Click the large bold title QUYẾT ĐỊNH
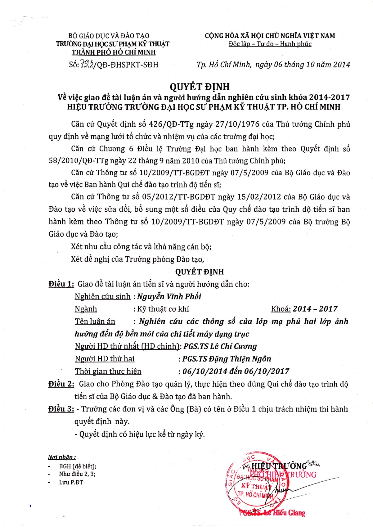(x=200, y=86)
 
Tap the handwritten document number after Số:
(x=86, y=65)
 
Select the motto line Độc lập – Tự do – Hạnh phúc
(x=270, y=44)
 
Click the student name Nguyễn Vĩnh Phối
(x=169, y=296)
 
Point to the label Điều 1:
(x=61, y=284)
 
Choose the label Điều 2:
(x=61, y=384)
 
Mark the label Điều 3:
(x=61, y=409)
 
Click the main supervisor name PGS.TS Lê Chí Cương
(x=220, y=346)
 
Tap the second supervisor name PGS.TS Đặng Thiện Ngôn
(x=227, y=359)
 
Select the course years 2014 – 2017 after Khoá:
(x=315, y=309)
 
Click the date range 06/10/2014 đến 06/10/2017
(x=236, y=372)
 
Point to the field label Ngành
(x=86, y=309)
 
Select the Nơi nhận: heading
(x=62, y=457)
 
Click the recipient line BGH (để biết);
(x=78, y=466)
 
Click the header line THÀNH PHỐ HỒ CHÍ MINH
(x=113, y=52)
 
